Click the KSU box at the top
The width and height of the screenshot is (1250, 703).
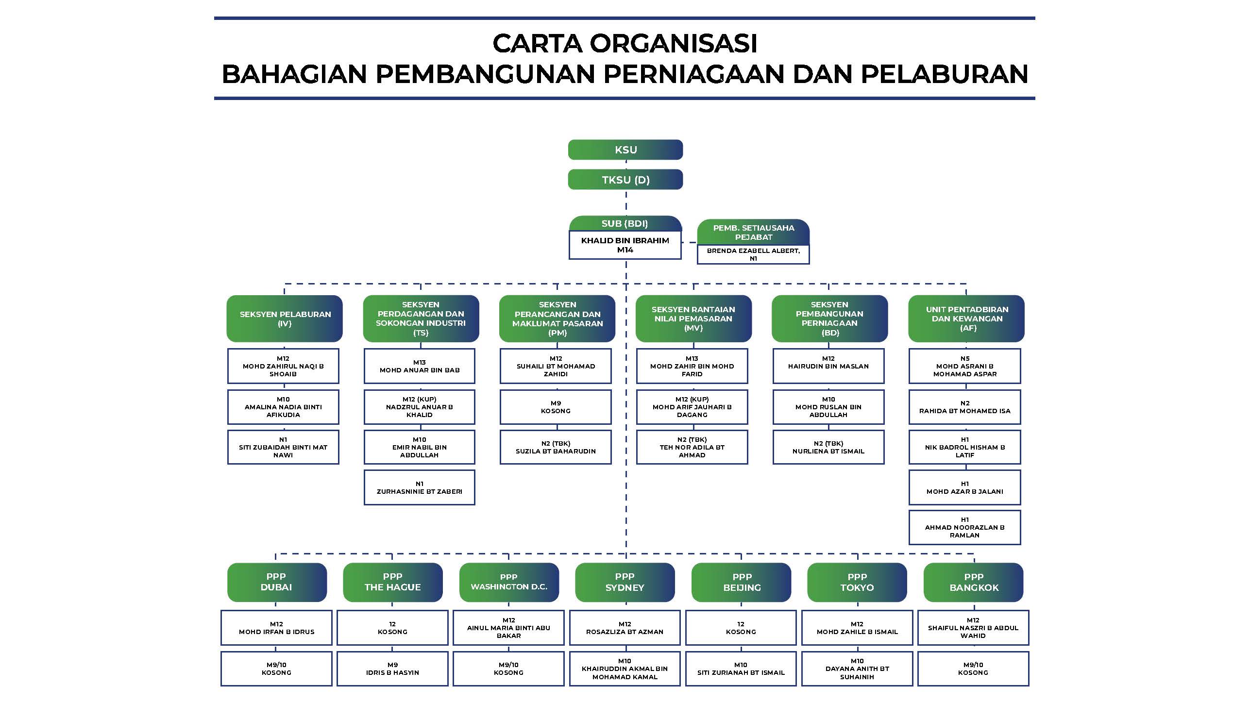[x=625, y=150]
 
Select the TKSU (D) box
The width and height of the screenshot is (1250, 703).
[x=625, y=180]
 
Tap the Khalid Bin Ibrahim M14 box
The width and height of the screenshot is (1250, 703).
[x=625, y=245]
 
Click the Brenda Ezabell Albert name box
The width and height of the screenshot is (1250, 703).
[x=753, y=254]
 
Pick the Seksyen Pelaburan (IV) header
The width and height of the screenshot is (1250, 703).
[x=285, y=318]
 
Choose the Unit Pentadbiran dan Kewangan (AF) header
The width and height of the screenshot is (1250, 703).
[x=966, y=318]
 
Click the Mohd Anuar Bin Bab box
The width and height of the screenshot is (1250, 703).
[x=420, y=366]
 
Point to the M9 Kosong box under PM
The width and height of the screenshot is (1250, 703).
[x=556, y=407]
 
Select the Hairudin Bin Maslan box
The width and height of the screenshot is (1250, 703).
[x=828, y=366]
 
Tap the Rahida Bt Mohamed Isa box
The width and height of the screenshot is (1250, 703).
[x=964, y=407]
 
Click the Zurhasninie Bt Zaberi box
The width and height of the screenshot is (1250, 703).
[x=420, y=487]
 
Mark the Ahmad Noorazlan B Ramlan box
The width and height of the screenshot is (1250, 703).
[x=964, y=527]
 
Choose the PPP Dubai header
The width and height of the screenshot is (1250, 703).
[x=277, y=582]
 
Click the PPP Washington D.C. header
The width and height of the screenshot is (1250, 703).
[x=509, y=582]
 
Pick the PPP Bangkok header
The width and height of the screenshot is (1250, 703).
[x=974, y=582]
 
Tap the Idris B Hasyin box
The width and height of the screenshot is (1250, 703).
[x=392, y=669]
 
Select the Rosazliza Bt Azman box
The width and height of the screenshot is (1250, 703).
[x=625, y=628]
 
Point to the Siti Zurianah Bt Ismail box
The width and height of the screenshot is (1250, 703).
[x=741, y=669]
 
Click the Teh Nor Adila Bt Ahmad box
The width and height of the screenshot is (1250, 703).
[x=692, y=447]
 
